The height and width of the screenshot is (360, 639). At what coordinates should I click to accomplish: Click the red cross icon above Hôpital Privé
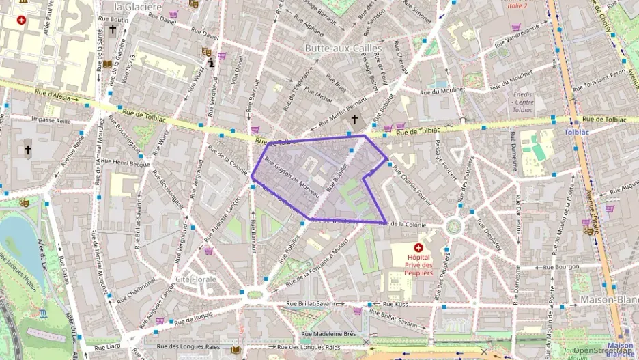click(x=418, y=247)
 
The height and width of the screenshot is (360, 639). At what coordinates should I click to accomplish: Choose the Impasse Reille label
click(x=51, y=120)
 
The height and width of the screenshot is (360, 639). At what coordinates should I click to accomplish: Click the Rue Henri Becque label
click(x=131, y=163)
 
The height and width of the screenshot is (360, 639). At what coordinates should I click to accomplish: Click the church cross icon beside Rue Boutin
click(x=113, y=30)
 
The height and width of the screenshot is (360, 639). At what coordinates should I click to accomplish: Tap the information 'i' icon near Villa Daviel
click(x=212, y=64)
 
